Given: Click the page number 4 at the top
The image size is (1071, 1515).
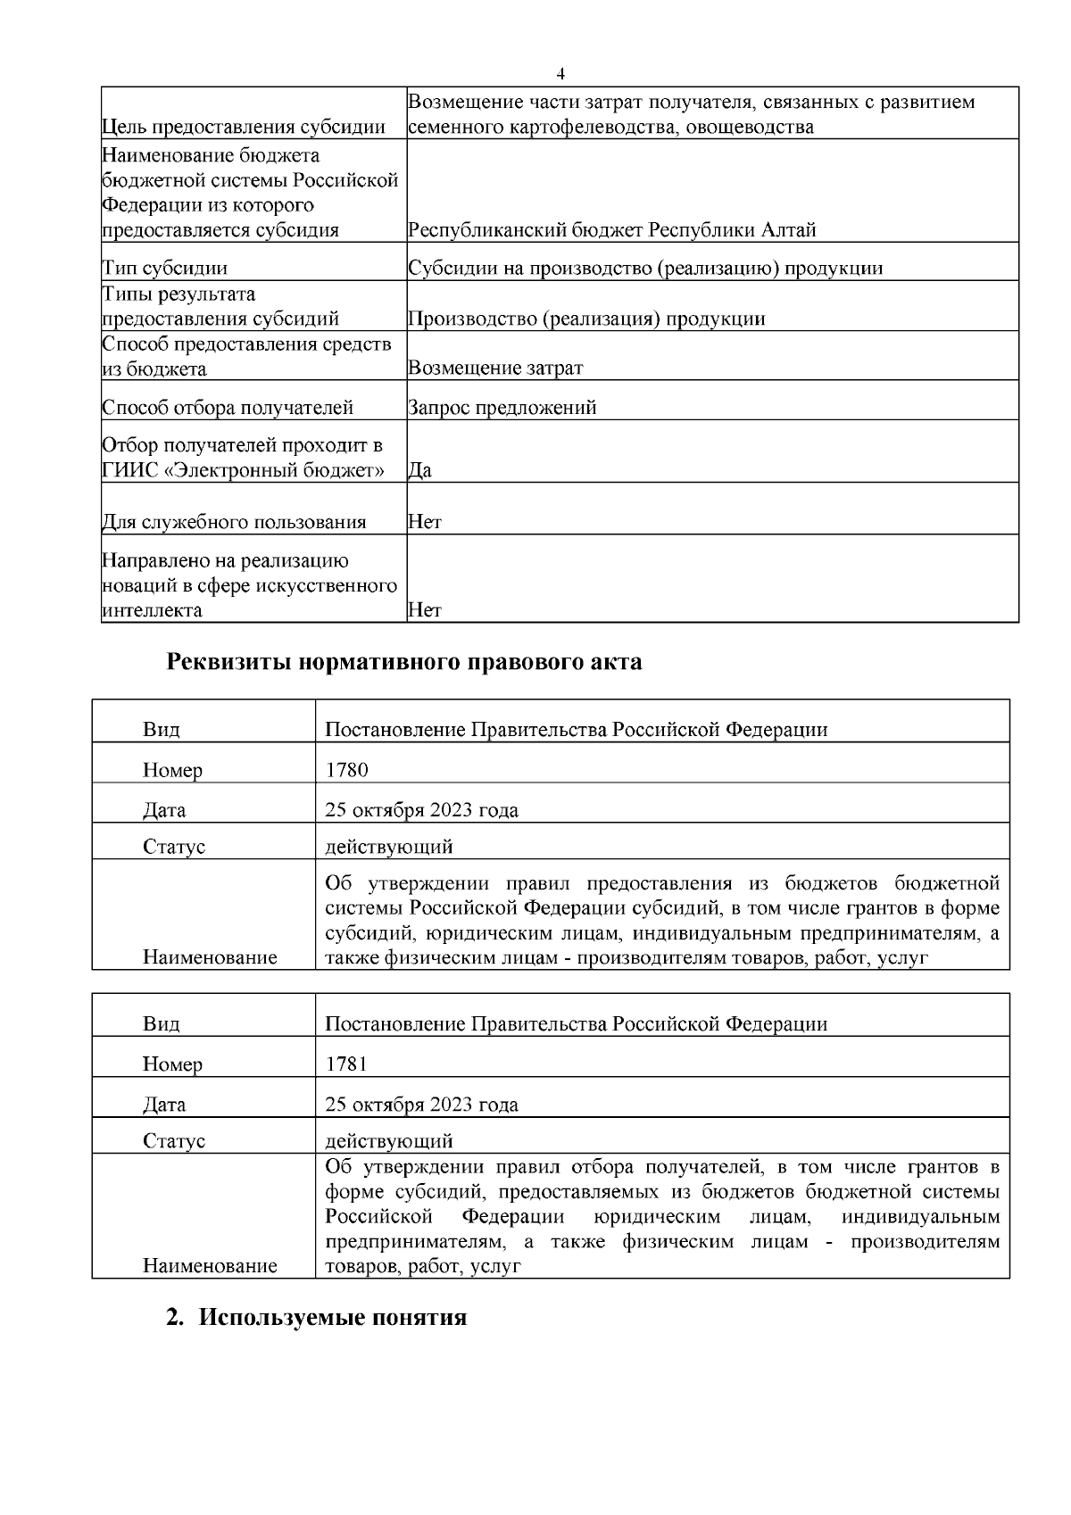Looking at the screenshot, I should [x=560, y=73].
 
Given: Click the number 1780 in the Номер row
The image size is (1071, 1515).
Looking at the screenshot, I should [x=346, y=769].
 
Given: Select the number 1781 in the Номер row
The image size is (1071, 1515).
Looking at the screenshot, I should [x=346, y=1064].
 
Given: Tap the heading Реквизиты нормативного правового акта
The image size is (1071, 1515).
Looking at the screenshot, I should [x=404, y=662].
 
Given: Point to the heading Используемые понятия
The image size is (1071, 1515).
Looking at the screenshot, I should [x=332, y=1317].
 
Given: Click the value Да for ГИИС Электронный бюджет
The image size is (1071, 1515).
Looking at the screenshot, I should [x=419, y=470].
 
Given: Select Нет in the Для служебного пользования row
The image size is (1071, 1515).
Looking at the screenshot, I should [x=424, y=522].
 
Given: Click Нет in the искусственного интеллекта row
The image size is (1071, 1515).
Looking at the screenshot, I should [x=424, y=610].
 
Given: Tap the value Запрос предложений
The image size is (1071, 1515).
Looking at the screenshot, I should [x=502, y=408].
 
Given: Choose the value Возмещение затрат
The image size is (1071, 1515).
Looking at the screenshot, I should [x=495, y=368].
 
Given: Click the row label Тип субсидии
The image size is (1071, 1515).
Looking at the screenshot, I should [x=165, y=268].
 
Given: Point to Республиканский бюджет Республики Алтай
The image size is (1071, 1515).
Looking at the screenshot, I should [x=611, y=229].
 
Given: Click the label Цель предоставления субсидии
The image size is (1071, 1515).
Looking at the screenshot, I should [x=244, y=127].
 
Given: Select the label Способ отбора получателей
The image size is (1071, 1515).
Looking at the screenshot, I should [x=228, y=408].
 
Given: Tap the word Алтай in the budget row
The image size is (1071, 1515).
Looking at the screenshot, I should [x=788, y=229].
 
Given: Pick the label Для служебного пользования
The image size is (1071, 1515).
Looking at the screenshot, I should [x=234, y=522].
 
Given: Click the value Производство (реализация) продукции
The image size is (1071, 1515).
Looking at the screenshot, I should [x=586, y=319].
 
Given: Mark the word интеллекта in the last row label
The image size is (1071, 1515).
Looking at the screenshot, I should [x=152, y=610].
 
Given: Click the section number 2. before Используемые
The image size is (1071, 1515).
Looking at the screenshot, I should [x=176, y=1317].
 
